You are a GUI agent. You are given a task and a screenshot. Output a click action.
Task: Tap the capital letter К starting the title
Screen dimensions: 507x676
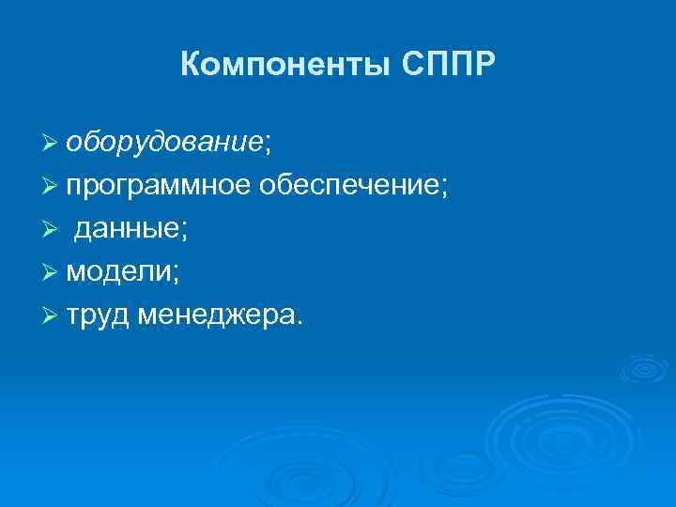[x=189, y=65]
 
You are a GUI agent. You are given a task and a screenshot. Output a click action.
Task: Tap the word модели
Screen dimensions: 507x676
[x=116, y=273]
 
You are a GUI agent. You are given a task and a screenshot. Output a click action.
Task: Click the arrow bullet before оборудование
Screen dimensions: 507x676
[x=51, y=143]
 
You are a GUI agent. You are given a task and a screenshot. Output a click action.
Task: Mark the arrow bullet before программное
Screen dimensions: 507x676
[x=51, y=187]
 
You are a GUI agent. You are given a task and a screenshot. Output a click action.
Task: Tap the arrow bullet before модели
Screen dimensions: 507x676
[x=51, y=274]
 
